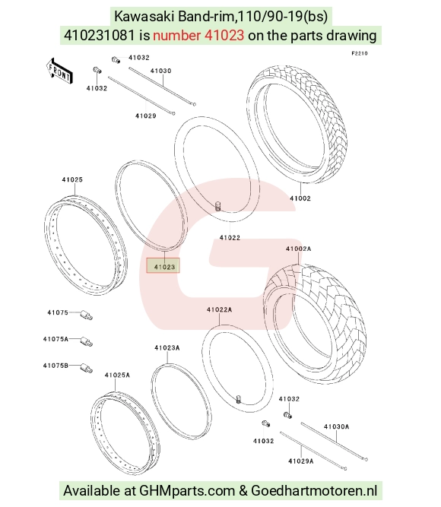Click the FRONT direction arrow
59,71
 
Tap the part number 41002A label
298,249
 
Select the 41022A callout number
220,309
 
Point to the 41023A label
167,347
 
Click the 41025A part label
117,375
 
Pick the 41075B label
56,366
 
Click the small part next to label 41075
87,315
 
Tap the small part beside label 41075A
87,341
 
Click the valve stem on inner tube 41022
218,206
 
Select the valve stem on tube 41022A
239,400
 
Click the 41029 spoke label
145,116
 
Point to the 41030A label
337,427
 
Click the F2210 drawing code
360,53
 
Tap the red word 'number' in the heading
176,35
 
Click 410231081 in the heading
100,35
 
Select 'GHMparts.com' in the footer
187,491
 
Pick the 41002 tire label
300,198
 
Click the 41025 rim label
72,179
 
